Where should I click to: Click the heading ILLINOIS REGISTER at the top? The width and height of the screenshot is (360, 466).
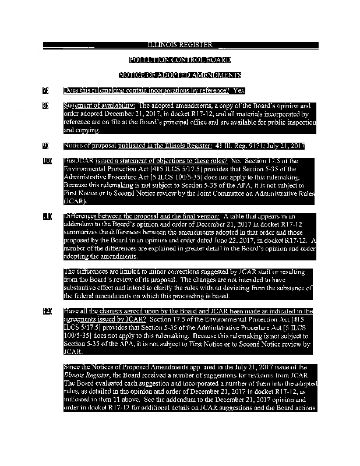pyautogui.click(x=180, y=45)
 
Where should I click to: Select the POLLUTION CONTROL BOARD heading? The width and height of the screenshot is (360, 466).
pyautogui.click(x=180, y=60)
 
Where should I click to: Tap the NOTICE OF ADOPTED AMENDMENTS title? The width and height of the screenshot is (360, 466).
pyautogui.click(x=180, y=75)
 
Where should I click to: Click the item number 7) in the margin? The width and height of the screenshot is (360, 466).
pyautogui.click(x=45, y=90)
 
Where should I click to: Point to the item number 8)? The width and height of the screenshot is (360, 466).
pyautogui.click(x=45, y=105)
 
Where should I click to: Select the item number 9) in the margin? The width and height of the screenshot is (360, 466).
pyautogui.click(x=45, y=145)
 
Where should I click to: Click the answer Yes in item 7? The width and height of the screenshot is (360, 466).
pyautogui.click(x=239, y=90)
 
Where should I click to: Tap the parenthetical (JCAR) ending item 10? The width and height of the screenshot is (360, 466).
pyautogui.click(x=75, y=201)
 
